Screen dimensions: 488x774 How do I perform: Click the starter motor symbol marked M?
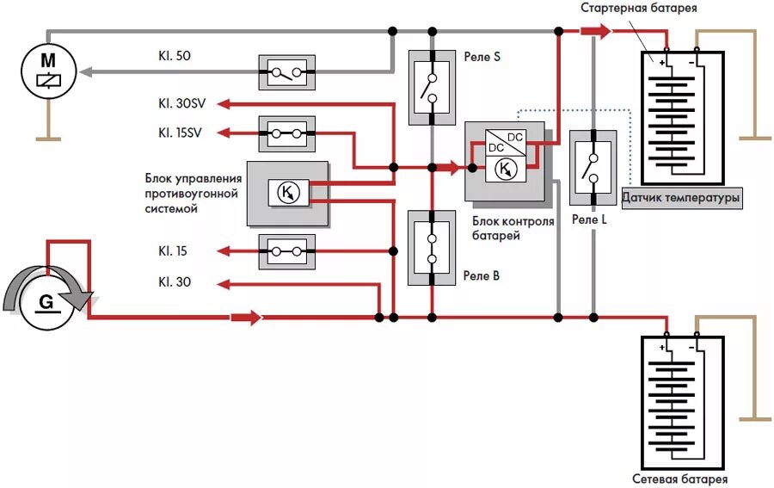point(48,71)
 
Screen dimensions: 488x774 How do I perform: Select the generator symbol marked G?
point(48,302)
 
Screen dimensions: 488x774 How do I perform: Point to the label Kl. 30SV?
point(181,104)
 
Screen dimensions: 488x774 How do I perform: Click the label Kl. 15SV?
point(181,133)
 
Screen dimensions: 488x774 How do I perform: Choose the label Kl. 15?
point(172,251)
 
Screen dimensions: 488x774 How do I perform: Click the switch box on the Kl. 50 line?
point(286,73)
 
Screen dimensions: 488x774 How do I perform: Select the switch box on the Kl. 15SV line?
point(286,133)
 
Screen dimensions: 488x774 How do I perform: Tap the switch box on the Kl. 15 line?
point(286,251)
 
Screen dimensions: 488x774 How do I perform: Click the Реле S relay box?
point(431,87)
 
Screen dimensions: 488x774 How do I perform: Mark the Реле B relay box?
point(431,248)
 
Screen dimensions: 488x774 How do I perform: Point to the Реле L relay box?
point(593,168)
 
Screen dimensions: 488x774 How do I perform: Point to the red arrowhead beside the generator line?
point(246,318)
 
